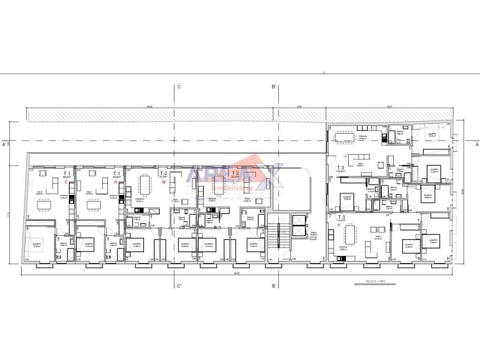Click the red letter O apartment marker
click(x=66, y=182)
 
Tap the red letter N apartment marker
click(x=115, y=182)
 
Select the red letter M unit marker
click(x=164, y=182)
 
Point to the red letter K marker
click(x=339, y=225)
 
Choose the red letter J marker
click(x=345, y=156)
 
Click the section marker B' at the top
click(x=273, y=87)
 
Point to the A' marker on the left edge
click(x=4, y=145)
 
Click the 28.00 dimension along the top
click(x=150, y=107)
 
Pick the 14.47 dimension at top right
click(x=389, y=107)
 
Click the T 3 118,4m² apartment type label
click(x=341, y=169)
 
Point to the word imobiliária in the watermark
click(x=233, y=188)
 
